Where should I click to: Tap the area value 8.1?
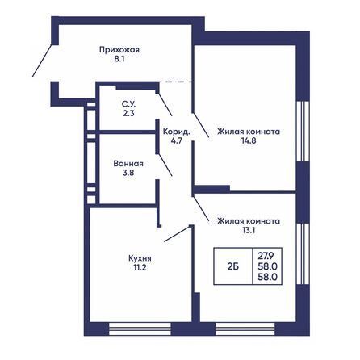click(119, 59)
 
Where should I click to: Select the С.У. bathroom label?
click(128, 103)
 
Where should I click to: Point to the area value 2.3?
click(128, 114)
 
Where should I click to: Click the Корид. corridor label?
click(175, 130)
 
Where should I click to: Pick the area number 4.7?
click(175, 140)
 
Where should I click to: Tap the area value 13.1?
click(247, 230)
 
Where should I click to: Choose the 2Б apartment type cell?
click(232, 263)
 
